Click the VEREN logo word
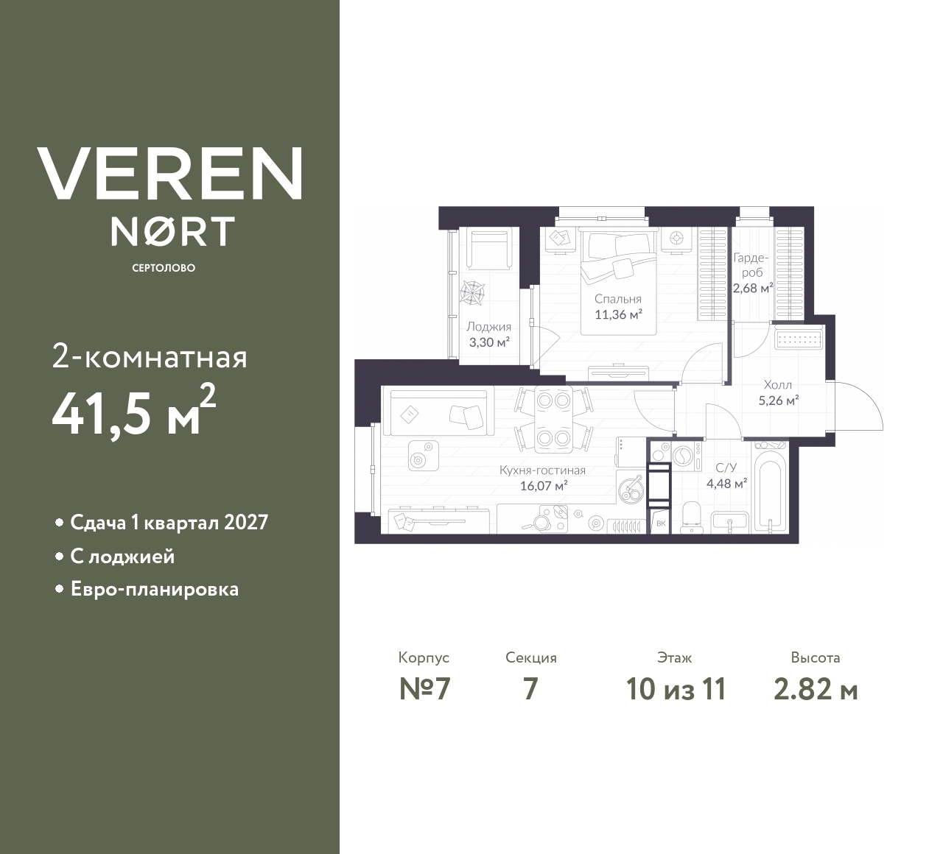point(169,173)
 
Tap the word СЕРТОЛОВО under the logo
point(164,268)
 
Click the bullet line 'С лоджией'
point(122,557)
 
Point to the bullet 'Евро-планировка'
point(154,589)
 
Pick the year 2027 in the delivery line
point(245,523)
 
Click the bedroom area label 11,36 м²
point(619,314)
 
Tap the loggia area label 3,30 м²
point(490,342)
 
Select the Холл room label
point(778,385)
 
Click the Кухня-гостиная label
point(542,470)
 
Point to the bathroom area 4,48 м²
point(727,483)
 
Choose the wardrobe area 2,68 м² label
point(753,288)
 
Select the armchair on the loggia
point(489,248)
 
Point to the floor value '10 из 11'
point(676,690)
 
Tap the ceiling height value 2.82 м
point(816,690)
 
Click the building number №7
point(424,690)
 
